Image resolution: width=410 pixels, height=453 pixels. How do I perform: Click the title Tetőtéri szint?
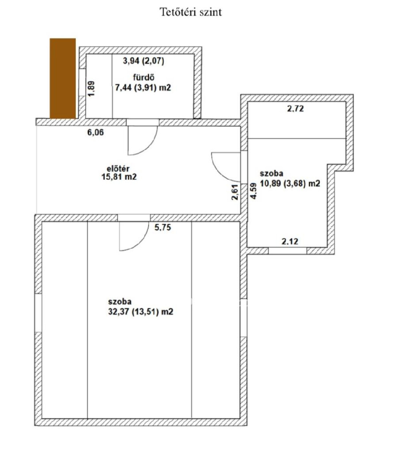point(191,12)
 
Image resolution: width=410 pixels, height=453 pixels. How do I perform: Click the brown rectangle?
point(62,78)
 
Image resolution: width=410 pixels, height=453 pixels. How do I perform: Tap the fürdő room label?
point(143,77)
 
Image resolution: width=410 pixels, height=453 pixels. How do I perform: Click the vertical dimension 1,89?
point(91,89)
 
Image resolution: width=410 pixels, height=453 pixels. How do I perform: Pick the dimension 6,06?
point(96,133)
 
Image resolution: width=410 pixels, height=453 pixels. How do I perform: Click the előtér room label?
point(118,169)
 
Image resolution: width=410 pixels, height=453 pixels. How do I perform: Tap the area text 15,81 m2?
point(119,177)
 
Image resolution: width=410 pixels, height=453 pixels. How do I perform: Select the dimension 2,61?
point(235,192)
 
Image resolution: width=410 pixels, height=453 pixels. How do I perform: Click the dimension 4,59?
point(253,191)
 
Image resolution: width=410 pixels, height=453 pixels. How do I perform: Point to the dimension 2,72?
point(295,109)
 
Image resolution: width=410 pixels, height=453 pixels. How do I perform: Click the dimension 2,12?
point(290,241)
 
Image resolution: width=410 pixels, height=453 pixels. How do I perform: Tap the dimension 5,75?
point(163,228)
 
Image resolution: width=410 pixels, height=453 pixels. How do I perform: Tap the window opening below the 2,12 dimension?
point(287,251)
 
